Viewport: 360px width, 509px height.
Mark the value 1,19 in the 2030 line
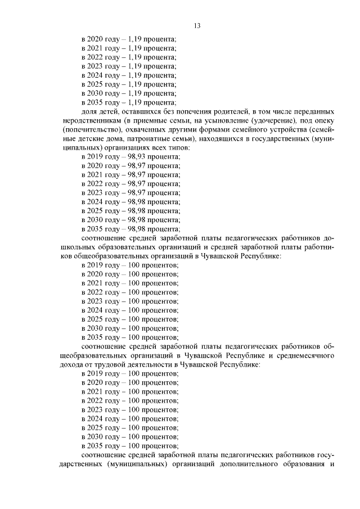[135, 93]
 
